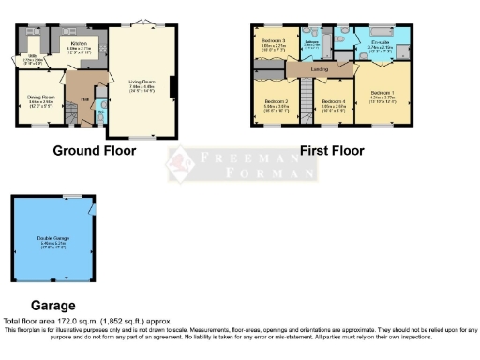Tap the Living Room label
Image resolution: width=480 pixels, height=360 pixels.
142,82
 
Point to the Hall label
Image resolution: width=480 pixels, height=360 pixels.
84,98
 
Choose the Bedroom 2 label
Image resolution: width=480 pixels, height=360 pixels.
276,100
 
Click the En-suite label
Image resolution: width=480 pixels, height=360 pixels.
381,43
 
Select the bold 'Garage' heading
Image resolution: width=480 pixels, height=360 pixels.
53,305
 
